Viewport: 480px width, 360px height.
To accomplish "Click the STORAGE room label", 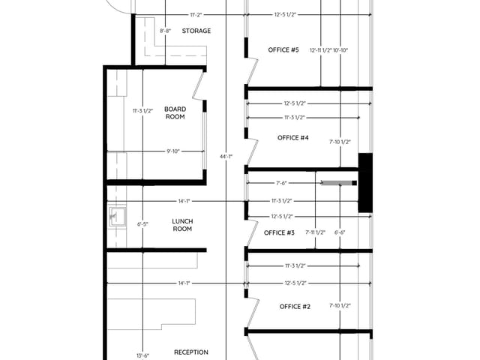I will [196, 31].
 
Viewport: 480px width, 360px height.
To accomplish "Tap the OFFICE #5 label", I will [283, 50].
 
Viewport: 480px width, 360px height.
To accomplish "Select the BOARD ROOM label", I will [175, 113].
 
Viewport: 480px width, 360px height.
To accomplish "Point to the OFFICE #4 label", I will [293, 138].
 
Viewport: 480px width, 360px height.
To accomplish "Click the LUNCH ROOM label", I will [182, 225].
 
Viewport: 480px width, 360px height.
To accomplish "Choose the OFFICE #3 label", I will [280, 232].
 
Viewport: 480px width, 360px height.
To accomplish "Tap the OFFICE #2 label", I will [295, 307].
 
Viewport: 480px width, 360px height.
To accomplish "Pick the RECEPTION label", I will [190, 352].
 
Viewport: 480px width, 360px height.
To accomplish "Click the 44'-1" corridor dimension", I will [226, 156].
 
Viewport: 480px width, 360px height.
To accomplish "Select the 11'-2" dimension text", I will [197, 14].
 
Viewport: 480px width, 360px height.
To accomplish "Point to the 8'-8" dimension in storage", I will [165, 31].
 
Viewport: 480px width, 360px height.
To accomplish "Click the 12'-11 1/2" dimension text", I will [320, 50].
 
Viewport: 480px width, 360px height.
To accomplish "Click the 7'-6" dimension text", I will [282, 182].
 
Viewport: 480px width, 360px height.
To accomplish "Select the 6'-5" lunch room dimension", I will [143, 224].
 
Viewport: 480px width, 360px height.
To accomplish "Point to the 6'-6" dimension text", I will [340, 232].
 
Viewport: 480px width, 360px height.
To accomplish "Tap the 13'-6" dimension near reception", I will [142, 355].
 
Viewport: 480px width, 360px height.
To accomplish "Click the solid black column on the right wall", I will [365, 182].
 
